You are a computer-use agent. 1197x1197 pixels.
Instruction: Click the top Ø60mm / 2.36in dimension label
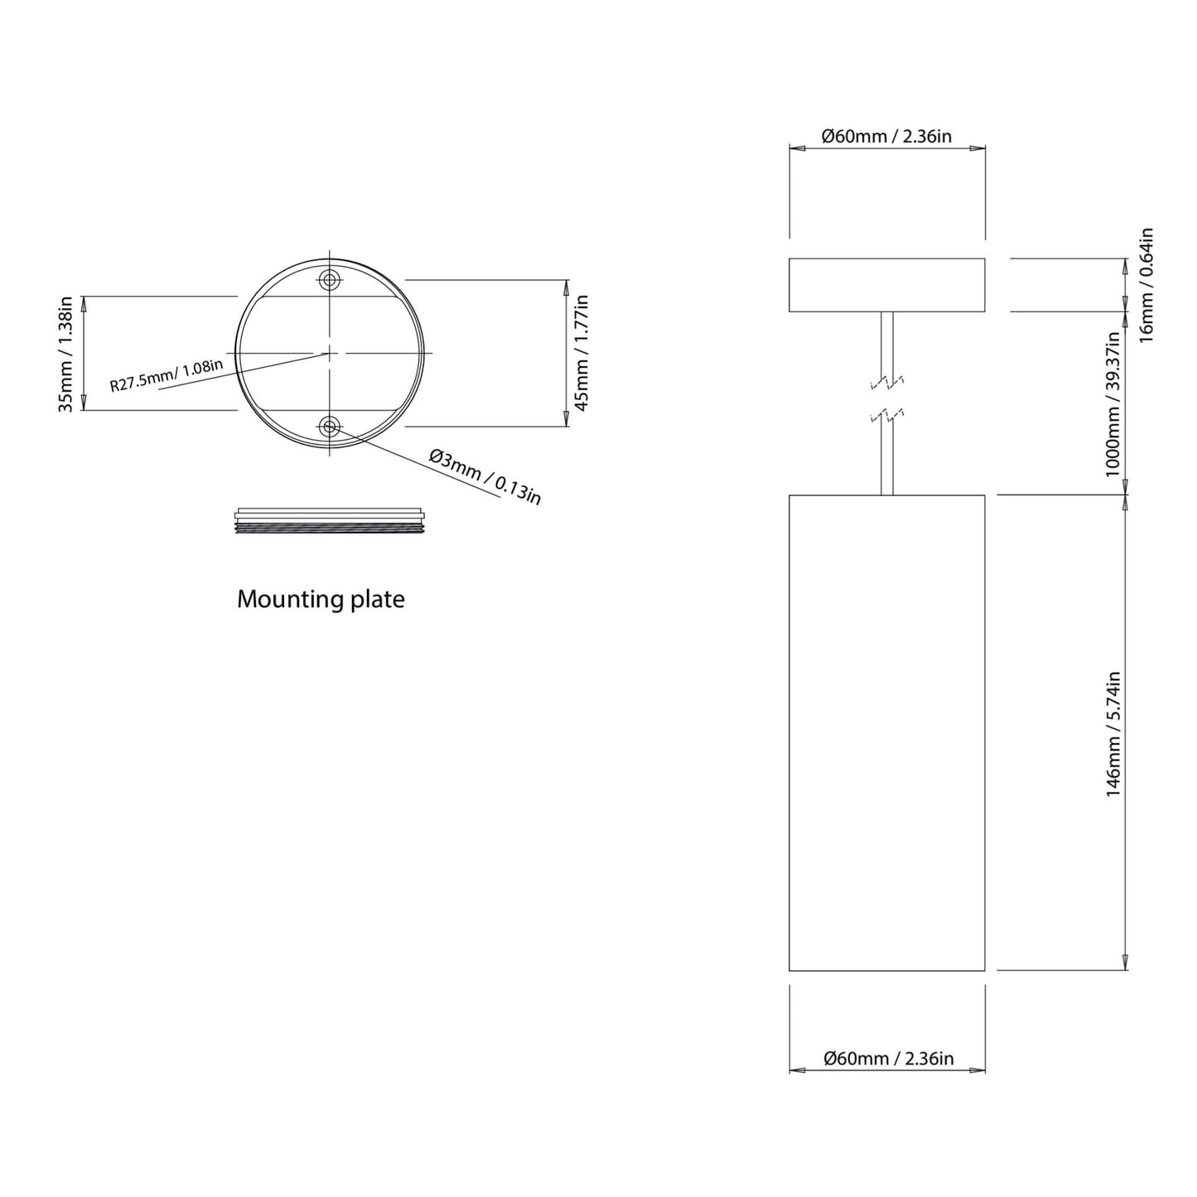886,136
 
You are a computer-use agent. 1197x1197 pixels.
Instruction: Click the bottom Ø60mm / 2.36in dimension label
888,1059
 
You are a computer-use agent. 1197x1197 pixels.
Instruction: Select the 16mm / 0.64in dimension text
1146,285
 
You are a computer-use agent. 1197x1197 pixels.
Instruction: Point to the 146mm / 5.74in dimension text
1113,734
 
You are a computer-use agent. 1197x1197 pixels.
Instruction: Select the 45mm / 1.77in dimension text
582,353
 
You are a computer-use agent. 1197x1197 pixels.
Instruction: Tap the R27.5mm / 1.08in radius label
167,374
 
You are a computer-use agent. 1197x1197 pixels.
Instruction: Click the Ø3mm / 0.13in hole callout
485,476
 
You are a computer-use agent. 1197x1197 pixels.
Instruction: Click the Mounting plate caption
321,600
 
